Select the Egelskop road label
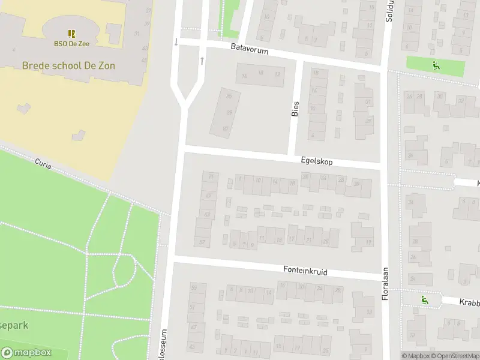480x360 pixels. (317, 161)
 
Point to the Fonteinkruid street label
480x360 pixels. (305, 271)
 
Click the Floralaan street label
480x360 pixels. (386, 283)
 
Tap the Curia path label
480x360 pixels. (43, 162)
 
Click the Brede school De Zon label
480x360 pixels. (68, 65)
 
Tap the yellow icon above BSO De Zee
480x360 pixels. (71, 34)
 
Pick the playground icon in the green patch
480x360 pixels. (436, 65)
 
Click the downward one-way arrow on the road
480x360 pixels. (176, 42)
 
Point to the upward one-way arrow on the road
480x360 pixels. (202, 61)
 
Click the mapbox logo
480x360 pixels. (27, 353)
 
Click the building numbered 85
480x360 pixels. (229, 96)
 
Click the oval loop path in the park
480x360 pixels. (124, 270)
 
